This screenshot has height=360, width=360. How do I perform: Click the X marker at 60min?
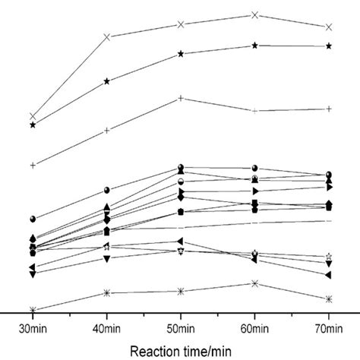(255, 14)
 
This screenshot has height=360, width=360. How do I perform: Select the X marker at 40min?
(107, 36)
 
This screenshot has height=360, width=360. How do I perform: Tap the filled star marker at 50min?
(181, 53)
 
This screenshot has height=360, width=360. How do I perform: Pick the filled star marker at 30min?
(33, 125)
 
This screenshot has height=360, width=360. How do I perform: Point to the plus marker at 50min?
(181, 98)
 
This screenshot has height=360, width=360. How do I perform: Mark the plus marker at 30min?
(33, 165)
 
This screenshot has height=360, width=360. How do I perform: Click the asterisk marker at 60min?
(255, 283)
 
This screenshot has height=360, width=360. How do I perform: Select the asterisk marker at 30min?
(33, 310)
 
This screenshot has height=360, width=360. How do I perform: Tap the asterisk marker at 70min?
(328, 298)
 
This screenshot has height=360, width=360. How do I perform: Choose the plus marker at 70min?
(328, 109)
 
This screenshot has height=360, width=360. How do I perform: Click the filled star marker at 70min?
(328, 46)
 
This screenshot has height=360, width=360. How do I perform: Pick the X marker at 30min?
(33, 116)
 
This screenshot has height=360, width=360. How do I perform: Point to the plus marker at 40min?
(107, 131)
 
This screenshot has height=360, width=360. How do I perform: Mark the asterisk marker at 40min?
(107, 292)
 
